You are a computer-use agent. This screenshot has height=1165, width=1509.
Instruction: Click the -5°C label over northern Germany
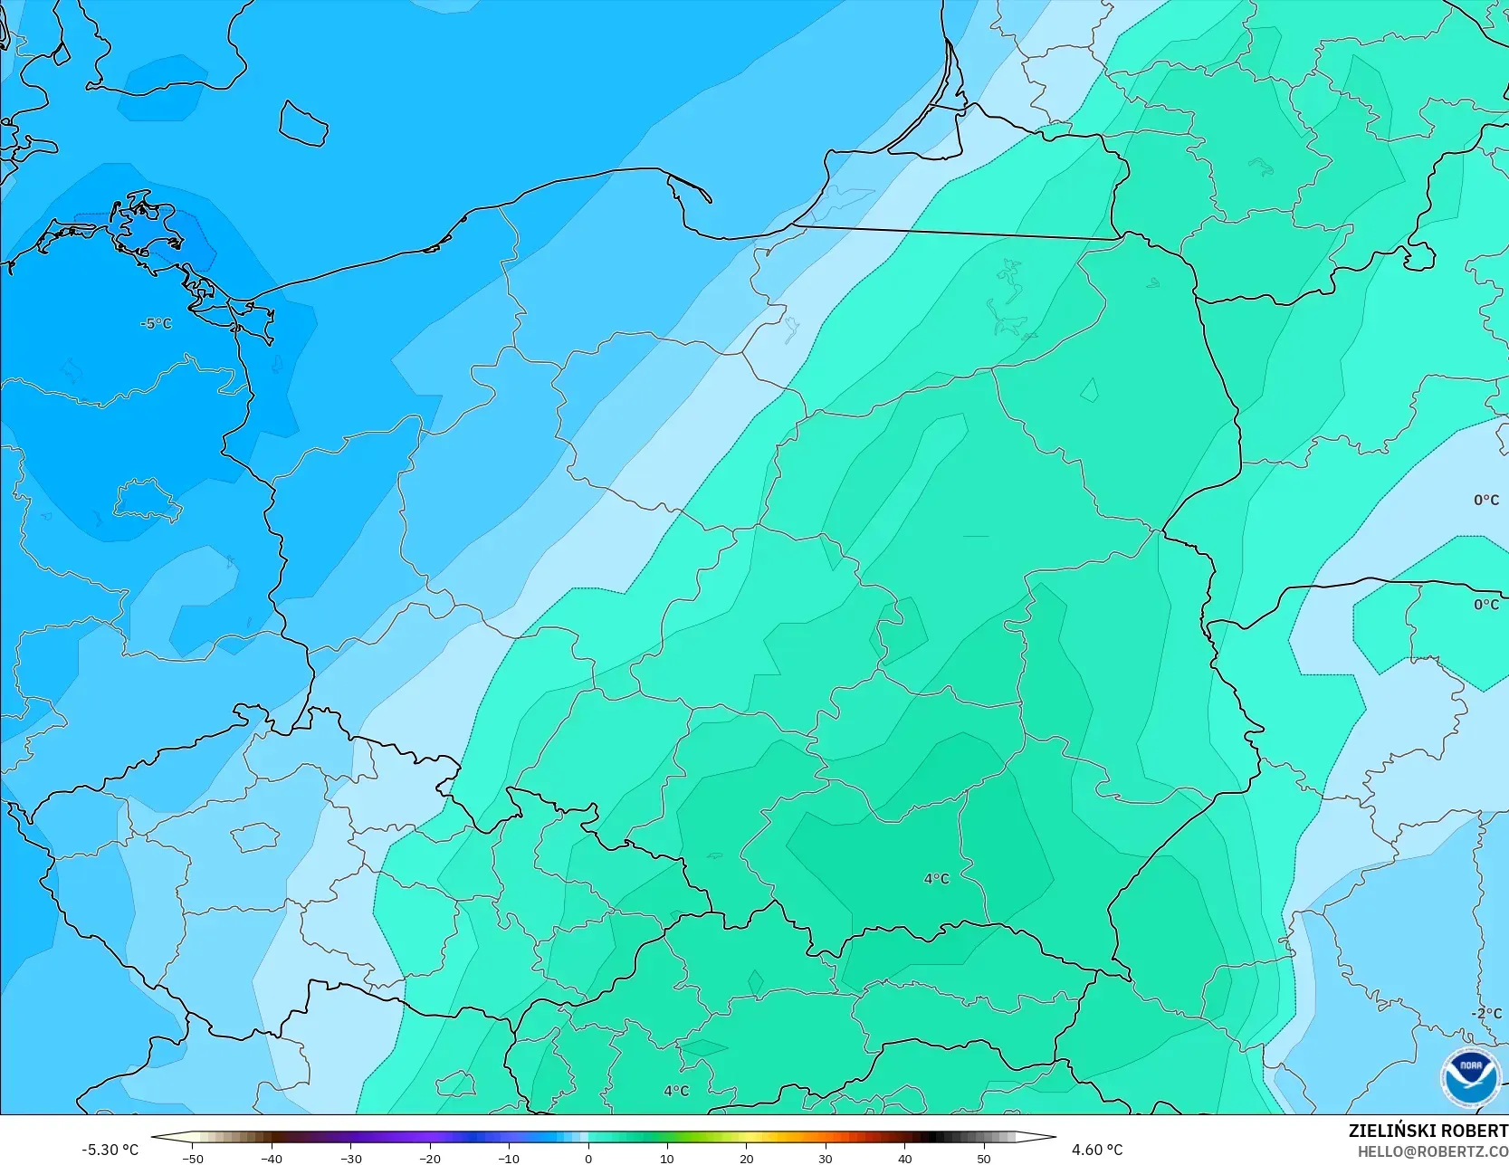(x=156, y=323)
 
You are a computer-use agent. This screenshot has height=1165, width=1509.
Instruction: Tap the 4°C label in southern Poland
(x=936, y=879)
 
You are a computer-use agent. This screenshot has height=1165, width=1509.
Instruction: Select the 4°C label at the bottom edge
(x=675, y=1091)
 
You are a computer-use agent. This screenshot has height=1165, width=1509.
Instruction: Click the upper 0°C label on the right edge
(x=1485, y=500)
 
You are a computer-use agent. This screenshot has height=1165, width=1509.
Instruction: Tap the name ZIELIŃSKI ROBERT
(x=1428, y=1131)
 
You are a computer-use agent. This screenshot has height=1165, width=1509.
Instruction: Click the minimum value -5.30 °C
(x=110, y=1150)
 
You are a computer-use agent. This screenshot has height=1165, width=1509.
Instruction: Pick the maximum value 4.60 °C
(x=1097, y=1150)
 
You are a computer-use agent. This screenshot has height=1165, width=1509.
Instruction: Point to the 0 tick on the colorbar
(x=588, y=1159)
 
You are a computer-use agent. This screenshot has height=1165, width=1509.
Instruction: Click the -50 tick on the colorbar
(x=192, y=1159)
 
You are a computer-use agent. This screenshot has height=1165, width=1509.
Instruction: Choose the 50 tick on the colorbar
(x=984, y=1159)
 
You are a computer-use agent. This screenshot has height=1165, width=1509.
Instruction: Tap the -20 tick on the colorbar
(x=430, y=1159)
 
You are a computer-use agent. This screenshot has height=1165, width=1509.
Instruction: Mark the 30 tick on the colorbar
(x=826, y=1159)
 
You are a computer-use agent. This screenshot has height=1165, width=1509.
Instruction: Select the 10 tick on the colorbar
(x=667, y=1159)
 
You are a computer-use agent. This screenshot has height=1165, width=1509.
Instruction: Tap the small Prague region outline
(x=254, y=836)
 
